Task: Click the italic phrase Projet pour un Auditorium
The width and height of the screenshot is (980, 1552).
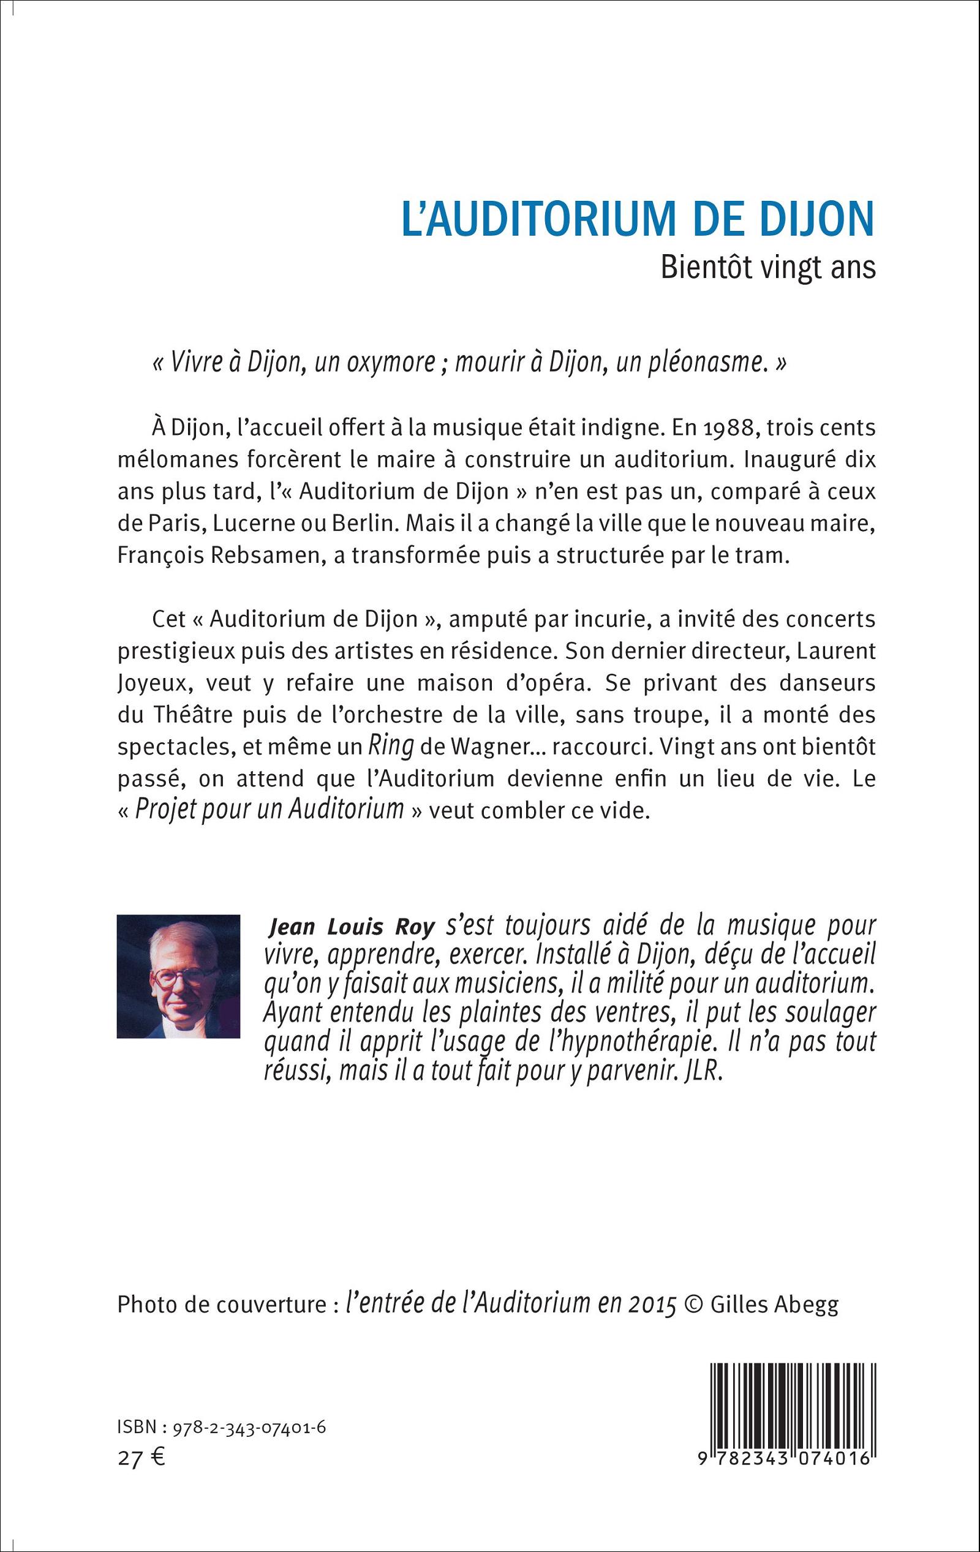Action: coord(269,809)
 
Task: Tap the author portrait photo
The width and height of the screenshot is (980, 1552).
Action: coord(178,976)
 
